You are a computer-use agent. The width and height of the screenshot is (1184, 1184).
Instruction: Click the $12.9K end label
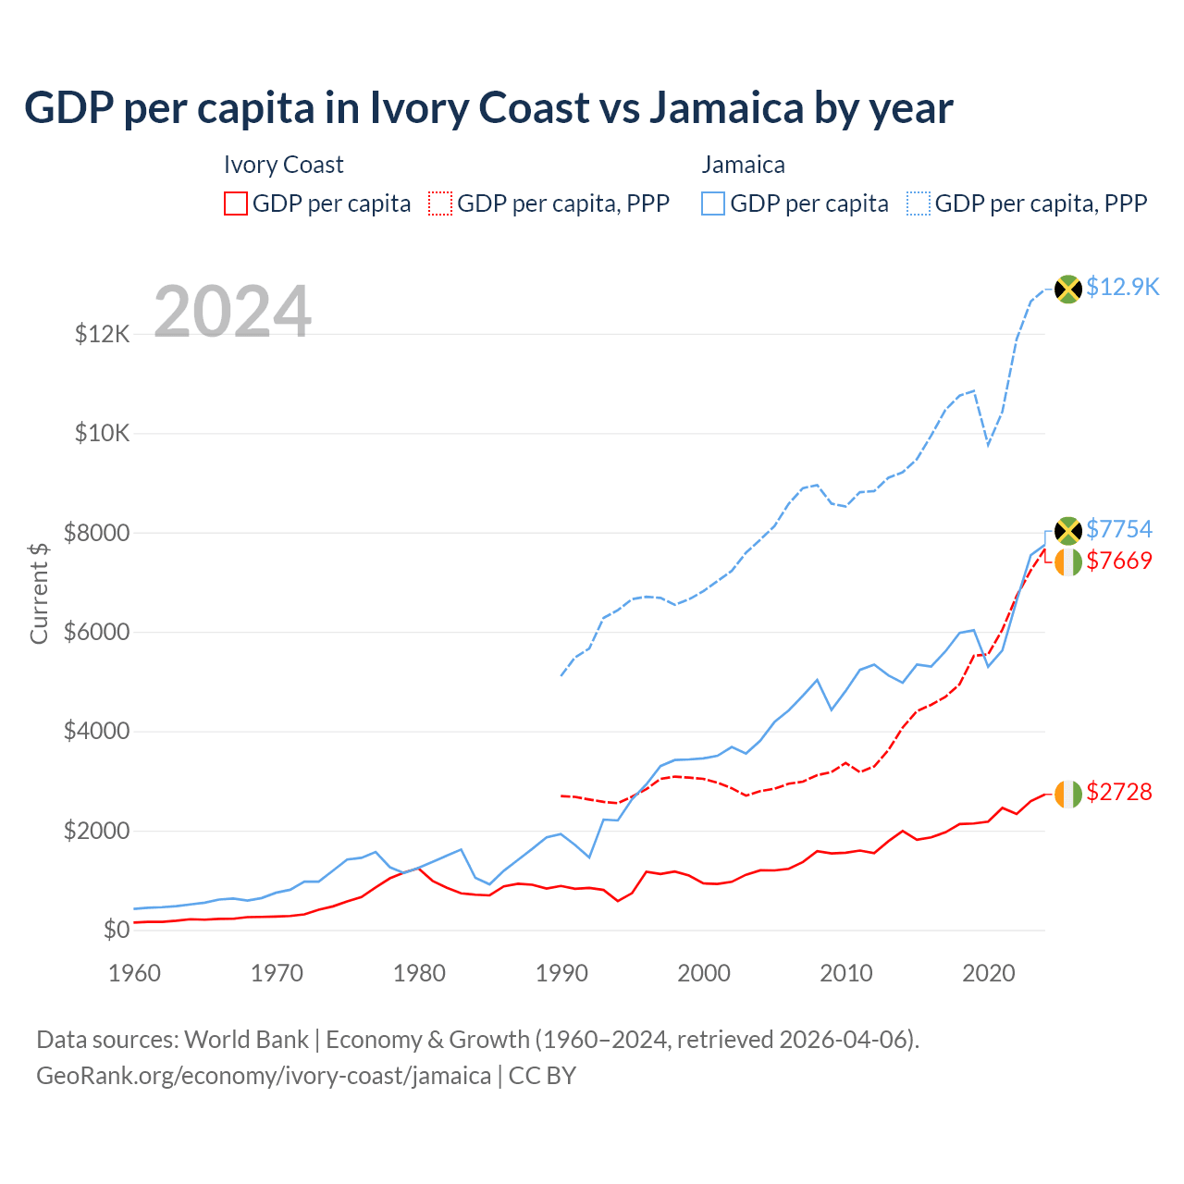[1122, 287]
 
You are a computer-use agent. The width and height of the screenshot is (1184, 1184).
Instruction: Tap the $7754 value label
[1119, 529]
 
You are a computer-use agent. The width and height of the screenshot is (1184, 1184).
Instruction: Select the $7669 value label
[1119, 561]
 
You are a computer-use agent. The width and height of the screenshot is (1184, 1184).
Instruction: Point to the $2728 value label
[1119, 792]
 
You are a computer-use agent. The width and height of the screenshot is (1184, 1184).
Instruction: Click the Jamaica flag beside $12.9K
[1068, 289]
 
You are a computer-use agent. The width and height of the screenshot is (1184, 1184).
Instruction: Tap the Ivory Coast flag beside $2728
[1068, 794]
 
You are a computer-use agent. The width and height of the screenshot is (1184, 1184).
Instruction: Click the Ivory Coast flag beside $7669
[1068, 561]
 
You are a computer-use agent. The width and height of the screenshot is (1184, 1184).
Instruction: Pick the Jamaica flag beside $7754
[1068, 531]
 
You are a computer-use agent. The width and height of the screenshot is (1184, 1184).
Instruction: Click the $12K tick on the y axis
[103, 334]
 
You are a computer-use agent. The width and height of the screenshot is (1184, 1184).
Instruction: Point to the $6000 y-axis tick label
[96, 632]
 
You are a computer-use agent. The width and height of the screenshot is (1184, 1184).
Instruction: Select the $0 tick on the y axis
[117, 930]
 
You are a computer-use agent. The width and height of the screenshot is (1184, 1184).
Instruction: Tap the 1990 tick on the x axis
[561, 973]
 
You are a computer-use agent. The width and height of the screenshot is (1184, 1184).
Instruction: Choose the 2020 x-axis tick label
[989, 973]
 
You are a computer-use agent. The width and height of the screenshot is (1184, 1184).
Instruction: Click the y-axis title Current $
[39, 593]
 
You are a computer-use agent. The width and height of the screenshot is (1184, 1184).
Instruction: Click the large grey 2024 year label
[232, 312]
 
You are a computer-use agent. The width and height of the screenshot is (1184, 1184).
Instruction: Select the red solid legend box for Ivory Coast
[236, 203]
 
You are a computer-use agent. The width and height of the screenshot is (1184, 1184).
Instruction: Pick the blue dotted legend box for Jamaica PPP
[919, 203]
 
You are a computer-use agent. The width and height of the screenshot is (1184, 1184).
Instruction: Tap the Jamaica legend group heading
[743, 165]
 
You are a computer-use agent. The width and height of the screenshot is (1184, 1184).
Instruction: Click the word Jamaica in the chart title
[726, 108]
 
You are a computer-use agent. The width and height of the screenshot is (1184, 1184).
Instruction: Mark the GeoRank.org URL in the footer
[264, 1076]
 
